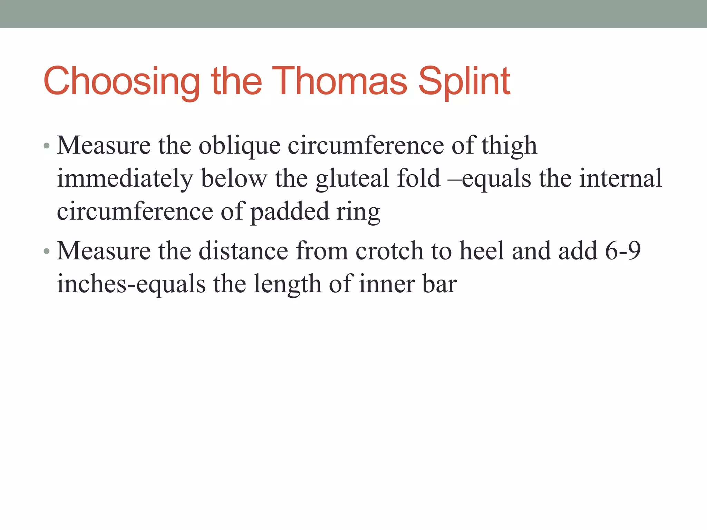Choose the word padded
click(289, 212)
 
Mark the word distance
click(243, 251)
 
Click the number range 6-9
click(623, 251)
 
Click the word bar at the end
click(439, 284)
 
